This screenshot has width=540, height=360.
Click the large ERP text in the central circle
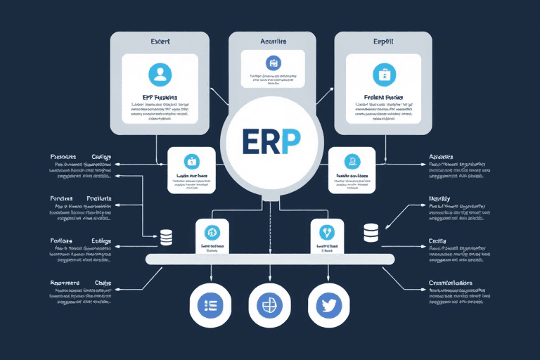pyautogui.click(x=270, y=141)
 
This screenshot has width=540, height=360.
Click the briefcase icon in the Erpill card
pyautogui.click(x=384, y=74)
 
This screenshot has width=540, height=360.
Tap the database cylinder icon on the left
pyautogui.click(x=167, y=237)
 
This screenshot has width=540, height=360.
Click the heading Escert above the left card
pyautogui.click(x=160, y=41)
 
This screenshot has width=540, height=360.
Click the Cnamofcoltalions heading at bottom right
pyautogui.click(x=451, y=283)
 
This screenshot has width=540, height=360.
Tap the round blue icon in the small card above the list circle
pyautogui.click(x=212, y=232)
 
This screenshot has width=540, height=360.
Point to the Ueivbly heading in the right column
pyautogui.click(x=440, y=199)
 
